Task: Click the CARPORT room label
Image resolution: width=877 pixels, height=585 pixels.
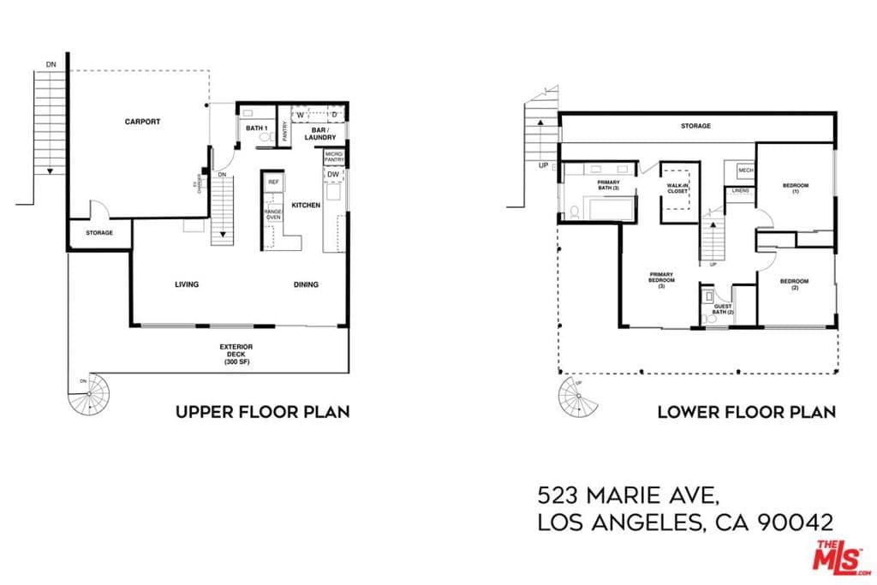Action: (142, 122)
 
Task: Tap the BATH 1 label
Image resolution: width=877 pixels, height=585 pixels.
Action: (257, 128)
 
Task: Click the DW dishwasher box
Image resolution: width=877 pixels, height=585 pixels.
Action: (332, 175)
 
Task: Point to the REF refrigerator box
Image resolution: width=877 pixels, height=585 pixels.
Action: (274, 182)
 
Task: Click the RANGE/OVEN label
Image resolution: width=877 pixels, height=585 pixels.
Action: (273, 215)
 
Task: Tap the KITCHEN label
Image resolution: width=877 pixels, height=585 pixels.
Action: (306, 206)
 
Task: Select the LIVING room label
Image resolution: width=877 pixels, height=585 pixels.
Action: (187, 284)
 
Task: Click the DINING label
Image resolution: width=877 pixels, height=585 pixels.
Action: (306, 284)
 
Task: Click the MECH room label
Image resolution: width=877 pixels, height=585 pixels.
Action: (745, 170)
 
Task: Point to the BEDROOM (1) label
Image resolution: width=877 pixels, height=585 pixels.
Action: (796, 188)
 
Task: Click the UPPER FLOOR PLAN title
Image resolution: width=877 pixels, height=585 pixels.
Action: (262, 412)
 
